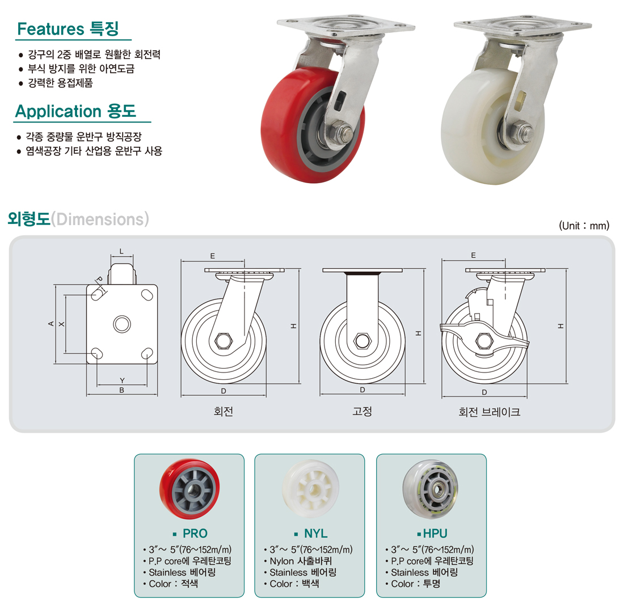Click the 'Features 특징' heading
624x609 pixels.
pyautogui.click(x=68, y=29)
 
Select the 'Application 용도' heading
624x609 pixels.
pyautogui.click(x=75, y=111)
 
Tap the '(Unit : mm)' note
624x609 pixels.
pyautogui.click(x=584, y=226)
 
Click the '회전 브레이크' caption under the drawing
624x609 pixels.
pyautogui.click(x=489, y=412)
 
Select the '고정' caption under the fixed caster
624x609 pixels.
pyautogui.click(x=362, y=411)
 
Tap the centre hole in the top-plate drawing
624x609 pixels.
pyautogui.click(x=122, y=324)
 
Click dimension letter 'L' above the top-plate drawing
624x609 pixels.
pyautogui.click(x=122, y=251)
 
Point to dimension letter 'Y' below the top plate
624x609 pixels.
pyautogui.click(x=122, y=380)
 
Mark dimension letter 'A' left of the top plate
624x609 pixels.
pyautogui.click(x=51, y=324)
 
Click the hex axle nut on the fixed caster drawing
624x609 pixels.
pyautogui.click(x=362, y=340)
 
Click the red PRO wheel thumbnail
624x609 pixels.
pyautogui.click(x=189, y=489)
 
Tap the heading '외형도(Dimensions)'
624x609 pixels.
pyautogui.click(x=78, y=219)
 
